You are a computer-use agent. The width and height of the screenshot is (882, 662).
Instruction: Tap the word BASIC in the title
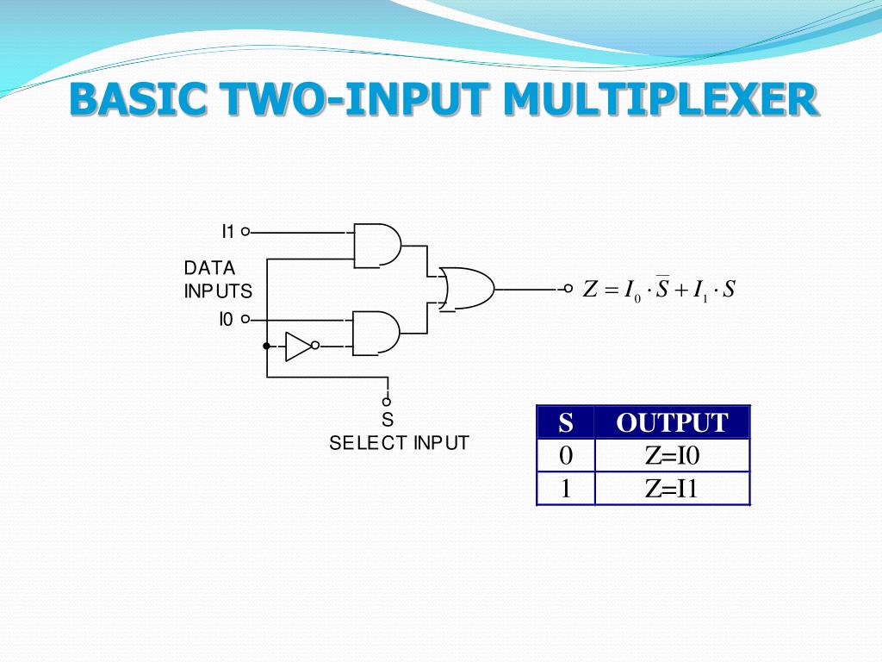tap(137, 100)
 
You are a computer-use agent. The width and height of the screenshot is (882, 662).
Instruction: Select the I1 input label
tap(228, 231)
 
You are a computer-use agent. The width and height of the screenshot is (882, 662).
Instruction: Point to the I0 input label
tap(227, 320)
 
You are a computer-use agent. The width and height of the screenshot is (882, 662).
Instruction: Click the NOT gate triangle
tap(299, 346)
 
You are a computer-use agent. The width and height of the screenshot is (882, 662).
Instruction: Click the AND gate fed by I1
tap(377, 246)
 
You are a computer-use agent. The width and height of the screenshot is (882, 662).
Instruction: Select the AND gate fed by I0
tap(377, 332)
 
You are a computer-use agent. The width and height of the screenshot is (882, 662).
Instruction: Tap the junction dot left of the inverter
tap(267, 346)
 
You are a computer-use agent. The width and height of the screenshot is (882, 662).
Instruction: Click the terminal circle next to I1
tap(245, 231)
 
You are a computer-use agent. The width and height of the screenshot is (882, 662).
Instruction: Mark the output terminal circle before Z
tap(568, 289)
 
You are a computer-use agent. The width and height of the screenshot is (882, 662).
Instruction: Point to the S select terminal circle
tap(387, 402)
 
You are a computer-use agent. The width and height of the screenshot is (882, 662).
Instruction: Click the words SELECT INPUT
tap(399, 443)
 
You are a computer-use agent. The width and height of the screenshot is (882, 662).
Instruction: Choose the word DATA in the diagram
tap(209, 268)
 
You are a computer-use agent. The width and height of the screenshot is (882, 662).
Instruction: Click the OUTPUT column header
tap(672, 422)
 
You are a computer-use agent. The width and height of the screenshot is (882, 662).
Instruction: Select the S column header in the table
tap(566, 422)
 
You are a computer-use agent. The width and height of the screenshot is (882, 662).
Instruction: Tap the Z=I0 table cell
tap(672, 455)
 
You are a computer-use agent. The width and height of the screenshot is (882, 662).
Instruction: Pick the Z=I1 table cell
tap(672, 489)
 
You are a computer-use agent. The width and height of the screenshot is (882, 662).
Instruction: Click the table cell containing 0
tap(566, 455)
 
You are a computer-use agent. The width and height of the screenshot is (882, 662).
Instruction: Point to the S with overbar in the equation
tap(662, 288)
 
